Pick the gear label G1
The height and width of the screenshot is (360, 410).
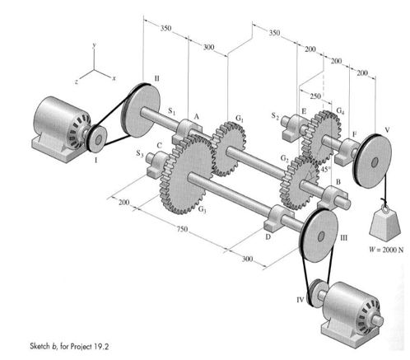click(239, 118)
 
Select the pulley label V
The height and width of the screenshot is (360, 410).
click(387, 130)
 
